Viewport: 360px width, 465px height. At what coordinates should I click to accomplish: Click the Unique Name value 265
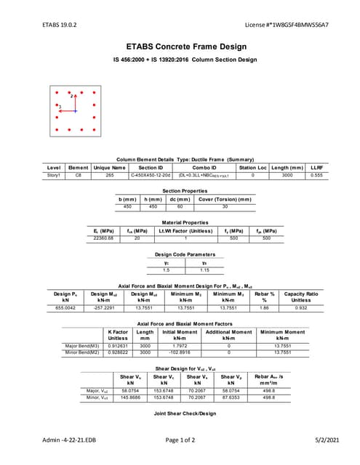(x=109, y=175)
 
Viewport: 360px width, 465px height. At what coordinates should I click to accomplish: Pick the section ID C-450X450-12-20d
(x=151, y=175)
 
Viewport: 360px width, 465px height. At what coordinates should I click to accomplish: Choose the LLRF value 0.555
(x=316, y=175)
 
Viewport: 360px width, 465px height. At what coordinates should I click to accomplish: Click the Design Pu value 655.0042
(x=65, y=307)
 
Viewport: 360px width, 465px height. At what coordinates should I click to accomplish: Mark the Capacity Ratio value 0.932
(x=301, y=307)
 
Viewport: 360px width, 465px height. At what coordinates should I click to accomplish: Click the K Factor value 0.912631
(x=118, y=346)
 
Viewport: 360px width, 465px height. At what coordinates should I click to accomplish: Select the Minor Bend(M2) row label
(x=81, y=352)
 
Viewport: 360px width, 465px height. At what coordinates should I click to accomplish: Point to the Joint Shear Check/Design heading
(x=185, y=413)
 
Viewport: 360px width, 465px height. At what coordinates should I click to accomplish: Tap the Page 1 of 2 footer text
(x=185, y=440)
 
